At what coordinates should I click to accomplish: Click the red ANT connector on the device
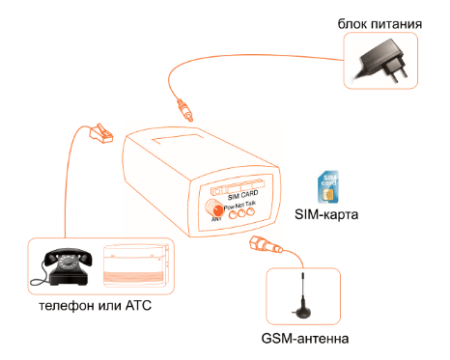click(213, 208)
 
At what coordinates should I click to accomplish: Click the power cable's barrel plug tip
click(183, 107)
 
